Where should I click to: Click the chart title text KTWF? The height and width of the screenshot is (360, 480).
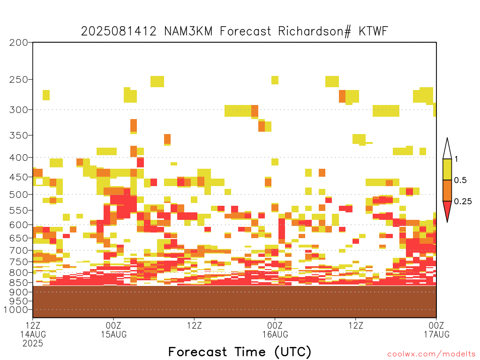click(x=373, y=31)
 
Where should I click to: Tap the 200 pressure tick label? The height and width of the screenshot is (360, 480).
click(x=18, y=43)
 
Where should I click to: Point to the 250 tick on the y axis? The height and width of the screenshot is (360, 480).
click(x=18, y=80)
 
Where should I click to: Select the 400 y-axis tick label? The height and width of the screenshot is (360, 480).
click(x=18, y=157)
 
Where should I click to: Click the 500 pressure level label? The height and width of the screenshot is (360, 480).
click(x=18, y=195)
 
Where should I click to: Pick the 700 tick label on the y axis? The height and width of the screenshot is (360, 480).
click(x=18, y=250)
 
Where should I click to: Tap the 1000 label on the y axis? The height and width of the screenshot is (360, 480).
click(x=16, y=310)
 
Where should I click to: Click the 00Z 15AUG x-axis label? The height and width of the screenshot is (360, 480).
click(x=113, y=330)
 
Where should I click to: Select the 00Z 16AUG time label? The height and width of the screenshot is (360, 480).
click(x=275, y=330)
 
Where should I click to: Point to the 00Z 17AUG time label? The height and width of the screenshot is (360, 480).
click(x=436, y=330)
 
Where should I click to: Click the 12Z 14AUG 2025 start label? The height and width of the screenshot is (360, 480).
click(x=33, y=334)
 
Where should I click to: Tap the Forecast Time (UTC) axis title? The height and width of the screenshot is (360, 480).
click(x=240, y=352)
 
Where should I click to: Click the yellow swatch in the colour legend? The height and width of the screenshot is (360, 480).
click(x=447, y=169)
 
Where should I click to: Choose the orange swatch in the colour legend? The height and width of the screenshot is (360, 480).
click(x=447, y=190)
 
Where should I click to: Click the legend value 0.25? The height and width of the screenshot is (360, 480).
click(x=463, y=202)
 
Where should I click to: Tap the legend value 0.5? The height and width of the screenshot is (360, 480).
click(x=460, y=180)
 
